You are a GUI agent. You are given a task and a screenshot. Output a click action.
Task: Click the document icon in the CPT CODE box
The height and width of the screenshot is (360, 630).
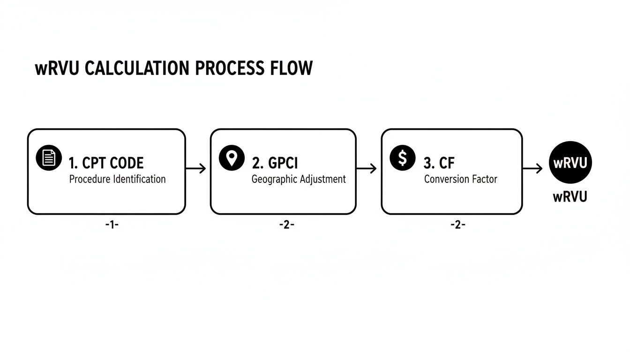tap(49, 158)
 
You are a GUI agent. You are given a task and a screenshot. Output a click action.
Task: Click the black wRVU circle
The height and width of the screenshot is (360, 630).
tap(570, 163)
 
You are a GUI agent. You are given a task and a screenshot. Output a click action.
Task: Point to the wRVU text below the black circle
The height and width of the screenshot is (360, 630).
tap(570, 197)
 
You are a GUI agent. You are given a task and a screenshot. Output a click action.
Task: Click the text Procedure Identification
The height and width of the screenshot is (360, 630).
tap(117, 179)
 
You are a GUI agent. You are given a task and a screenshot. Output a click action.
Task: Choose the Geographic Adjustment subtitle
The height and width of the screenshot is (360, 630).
tap(299, 179)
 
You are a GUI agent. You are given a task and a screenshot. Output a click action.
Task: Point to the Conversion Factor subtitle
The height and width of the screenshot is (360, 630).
tap(460, 179)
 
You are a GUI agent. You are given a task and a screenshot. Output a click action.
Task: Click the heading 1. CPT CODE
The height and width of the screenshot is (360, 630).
tap(106, 163)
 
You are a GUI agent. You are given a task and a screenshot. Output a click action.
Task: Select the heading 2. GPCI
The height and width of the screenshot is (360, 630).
tap(275, 163)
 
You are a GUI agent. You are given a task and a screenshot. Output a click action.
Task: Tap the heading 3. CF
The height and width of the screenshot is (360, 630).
tap(439, 163)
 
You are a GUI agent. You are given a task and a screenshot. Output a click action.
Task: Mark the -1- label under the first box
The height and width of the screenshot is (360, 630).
tap(112, 225)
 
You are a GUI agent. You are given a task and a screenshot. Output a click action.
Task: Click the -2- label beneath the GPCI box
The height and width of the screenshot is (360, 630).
tap(286, 225)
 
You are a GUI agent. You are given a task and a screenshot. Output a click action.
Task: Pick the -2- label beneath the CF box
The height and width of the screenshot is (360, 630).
tap(457, 225)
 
